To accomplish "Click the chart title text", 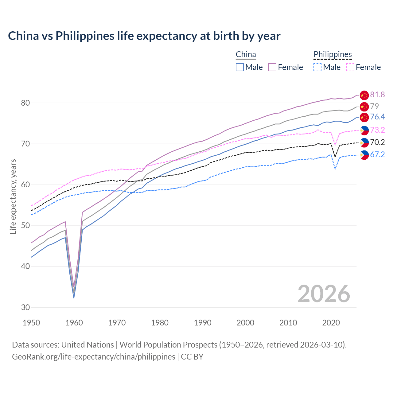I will coord(144,36).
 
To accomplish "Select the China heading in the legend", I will coord(246,54).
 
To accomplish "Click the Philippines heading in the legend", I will coord(333,54).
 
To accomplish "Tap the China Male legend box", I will coord(240,67).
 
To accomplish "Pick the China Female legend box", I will coord(272,67).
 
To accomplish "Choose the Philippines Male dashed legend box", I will coord(317,67).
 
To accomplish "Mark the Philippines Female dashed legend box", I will coord(350,67).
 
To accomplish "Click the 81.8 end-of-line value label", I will coord(377,95).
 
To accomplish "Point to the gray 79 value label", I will coord(374,106).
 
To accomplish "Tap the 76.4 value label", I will coord(377,117).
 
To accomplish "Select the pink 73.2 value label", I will coord(377,130).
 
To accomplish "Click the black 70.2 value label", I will coord(377,142).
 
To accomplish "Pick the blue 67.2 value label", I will coord(377,155).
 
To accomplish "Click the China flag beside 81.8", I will coord(364,95).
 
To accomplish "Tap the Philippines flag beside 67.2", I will coord(364,155).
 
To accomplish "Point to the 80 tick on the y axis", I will coord(25,103).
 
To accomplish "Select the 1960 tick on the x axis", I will coord(74,323).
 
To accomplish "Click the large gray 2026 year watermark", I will coord(324,294).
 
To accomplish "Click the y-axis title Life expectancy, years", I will coord(13,196).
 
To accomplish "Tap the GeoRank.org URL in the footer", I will coord(94,357).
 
